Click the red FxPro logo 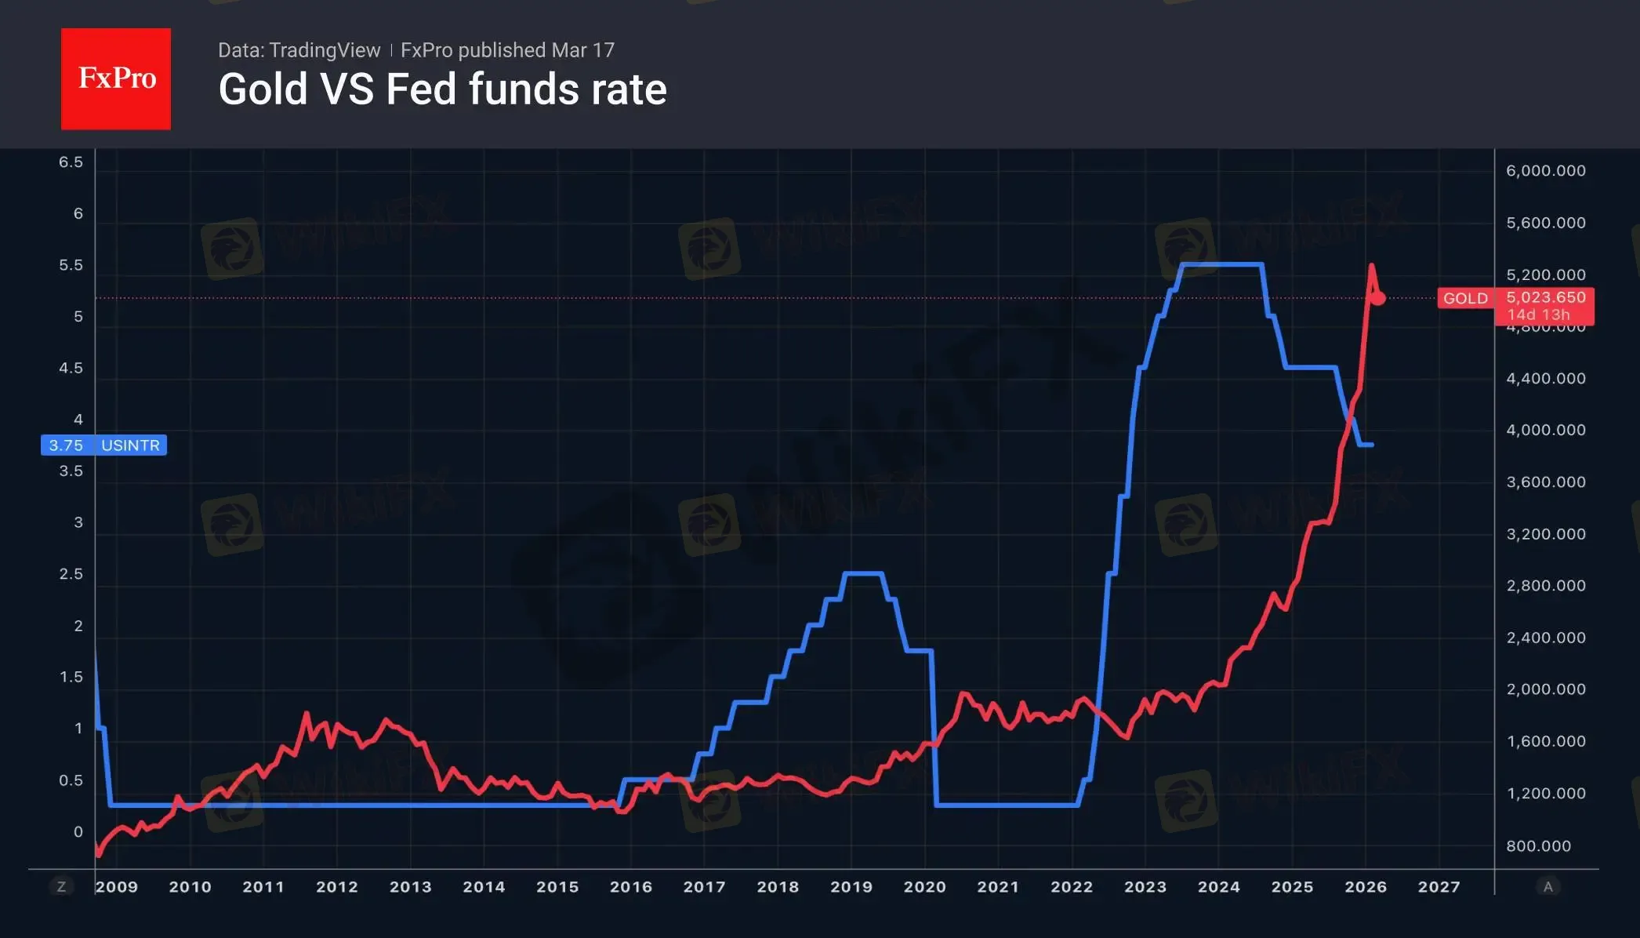(116, 78)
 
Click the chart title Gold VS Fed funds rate (442, 89)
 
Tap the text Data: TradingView (299, 50)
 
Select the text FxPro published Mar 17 (507, 50)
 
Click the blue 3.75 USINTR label (103, 445)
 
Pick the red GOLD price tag (1465, 298)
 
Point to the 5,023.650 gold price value (1545, 297)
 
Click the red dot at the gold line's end (1378, 298)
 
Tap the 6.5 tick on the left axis (71, 162)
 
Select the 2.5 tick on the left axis (71, 574)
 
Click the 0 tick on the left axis (78, 831)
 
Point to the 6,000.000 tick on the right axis (1545, 171)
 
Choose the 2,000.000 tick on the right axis (1545, 689)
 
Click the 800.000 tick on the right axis (1538, 845)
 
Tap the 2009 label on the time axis (117, 887)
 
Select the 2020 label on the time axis (924, 887)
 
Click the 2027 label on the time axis (1439, 887)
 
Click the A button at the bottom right (1547, 887)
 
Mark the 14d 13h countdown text (1538, 314)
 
